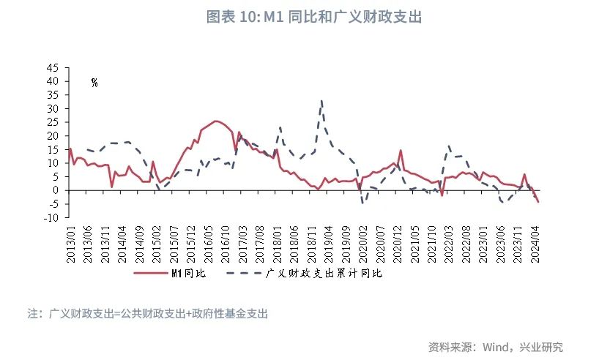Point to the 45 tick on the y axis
53,67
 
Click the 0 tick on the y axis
56,190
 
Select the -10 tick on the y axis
51,217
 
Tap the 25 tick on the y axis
53,121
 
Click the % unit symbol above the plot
94,83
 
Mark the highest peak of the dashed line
321,101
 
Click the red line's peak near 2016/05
216,121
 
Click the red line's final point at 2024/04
538,202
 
